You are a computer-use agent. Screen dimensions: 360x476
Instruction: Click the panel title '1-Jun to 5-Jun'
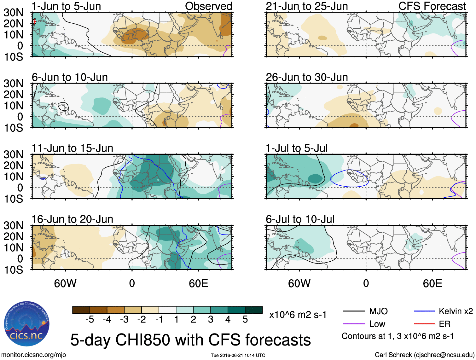[66, 6]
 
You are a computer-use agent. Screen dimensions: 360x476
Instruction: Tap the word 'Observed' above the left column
[208, 6]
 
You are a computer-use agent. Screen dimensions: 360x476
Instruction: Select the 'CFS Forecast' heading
[432, 6]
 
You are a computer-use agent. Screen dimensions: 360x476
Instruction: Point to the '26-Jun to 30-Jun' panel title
[307, 77]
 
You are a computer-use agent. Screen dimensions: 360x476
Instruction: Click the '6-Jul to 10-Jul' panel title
[300, 219]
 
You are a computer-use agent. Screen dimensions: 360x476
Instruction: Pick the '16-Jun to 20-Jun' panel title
[72, 219]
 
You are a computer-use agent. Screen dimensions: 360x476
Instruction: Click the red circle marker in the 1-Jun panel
[34, 22]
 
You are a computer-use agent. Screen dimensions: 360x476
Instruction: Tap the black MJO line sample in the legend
[354, 311]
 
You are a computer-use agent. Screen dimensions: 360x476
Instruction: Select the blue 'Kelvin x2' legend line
[424, 311]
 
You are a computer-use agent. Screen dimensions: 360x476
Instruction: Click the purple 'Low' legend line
[354, 324]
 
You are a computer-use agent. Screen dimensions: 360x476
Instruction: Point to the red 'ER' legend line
[424, 324]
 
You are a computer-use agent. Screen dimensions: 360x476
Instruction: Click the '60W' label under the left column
[65, 283]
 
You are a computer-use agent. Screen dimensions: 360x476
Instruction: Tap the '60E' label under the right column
[432, 283]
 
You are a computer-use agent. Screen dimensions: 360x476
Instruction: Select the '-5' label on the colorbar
[90, 320]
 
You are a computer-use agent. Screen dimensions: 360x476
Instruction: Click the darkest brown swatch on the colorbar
[81, 310]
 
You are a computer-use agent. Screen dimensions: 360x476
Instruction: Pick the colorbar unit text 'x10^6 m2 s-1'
[298, 315]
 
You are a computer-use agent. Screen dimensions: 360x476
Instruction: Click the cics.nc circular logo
[27, 324]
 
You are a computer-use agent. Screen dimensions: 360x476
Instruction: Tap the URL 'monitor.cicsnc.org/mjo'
[34, 355]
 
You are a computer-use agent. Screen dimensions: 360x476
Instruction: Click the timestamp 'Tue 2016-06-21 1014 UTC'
[238, 355]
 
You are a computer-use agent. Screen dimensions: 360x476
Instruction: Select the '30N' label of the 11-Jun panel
[14, 154]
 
